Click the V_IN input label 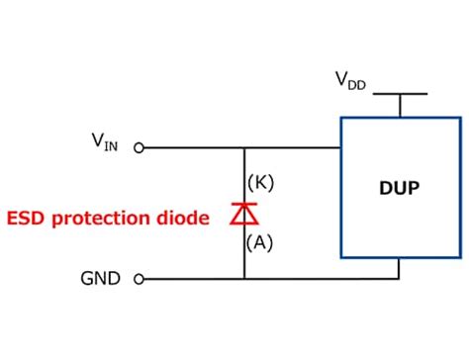[x=105, y=143]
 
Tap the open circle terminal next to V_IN [x=139, y=148]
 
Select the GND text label [x=101, y=279]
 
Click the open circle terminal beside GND [x=139, y=279]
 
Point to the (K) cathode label [x=260, y=182]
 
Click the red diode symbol [x=244, y=214]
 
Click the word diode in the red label [x=187, y=218]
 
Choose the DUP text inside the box [x=398, y=187]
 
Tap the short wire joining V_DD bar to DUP [x=399, y=106]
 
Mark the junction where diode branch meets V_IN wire [x=244, y=148]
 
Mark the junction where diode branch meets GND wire [x=244, y=279]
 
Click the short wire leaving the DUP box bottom [x=399, y=267]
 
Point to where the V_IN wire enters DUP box [x=340, y=148]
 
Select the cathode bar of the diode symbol [x=244, y=205]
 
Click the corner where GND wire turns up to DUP [x=399, y=279]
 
